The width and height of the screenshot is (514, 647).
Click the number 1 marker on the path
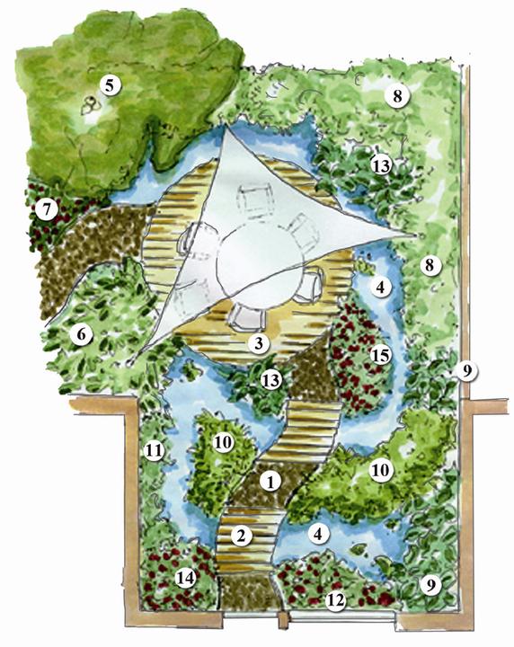coord(270,482)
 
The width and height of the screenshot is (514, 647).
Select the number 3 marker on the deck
coord(259,343)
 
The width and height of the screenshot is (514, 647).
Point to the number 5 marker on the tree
coord(109,85)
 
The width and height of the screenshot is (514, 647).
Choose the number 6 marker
coord(81,333)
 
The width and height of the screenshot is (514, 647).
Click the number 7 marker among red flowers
coord(46,210)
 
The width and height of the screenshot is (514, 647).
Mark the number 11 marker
coord(154,450)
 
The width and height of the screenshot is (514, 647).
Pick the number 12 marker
coord(335,600)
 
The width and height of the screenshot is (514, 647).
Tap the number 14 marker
coord(185,578)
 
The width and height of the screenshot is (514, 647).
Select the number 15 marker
coord(380,355)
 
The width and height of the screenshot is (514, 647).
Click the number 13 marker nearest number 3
coord(270,380)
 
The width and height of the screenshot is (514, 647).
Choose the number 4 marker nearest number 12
coord(317,534)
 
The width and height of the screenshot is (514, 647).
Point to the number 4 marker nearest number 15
coord(380,287)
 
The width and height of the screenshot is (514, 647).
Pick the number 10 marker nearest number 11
coord(223,443)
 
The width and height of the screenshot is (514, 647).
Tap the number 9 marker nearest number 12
coord(431,585)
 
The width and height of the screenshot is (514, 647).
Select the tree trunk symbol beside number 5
coord(90,104)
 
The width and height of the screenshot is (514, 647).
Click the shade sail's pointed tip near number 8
coord(416,235)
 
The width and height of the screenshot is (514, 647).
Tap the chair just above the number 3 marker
coord(246,318)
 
